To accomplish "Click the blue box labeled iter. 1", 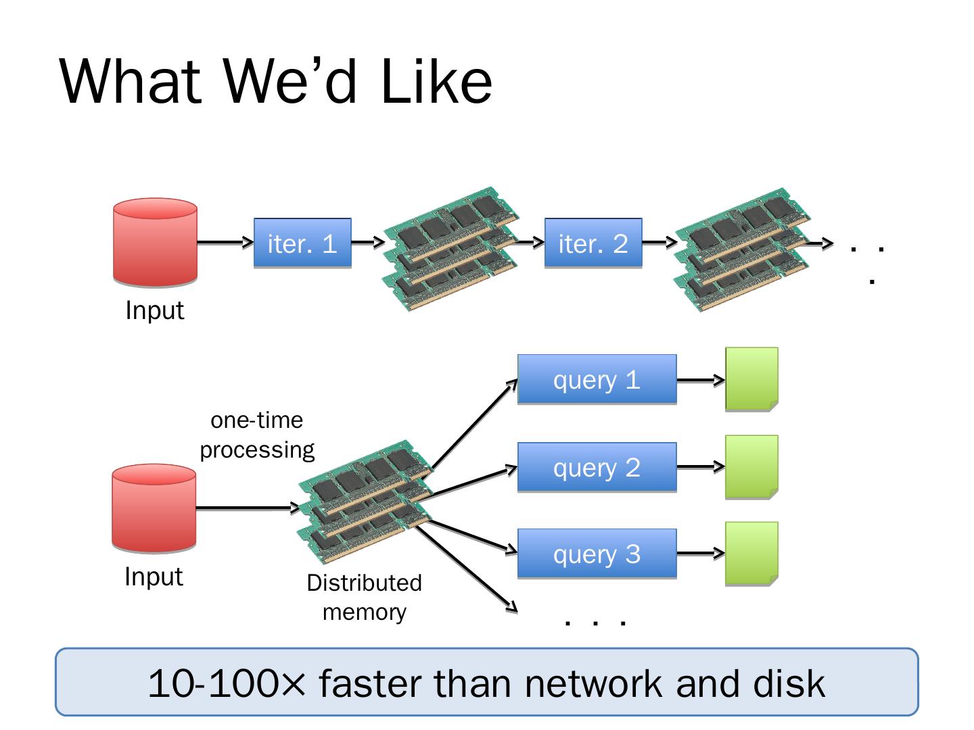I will pos(302,243).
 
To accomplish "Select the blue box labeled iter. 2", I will pos(593,243).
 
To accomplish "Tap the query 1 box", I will pos(597,379).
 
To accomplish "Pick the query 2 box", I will pos(597,467).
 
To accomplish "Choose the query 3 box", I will pos(597,554).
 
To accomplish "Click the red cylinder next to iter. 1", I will pos(155,242).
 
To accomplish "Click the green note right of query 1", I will pos(751,379).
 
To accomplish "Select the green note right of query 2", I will pos(751,467).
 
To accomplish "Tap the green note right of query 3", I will pos(751,554).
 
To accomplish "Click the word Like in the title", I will pos(436,82).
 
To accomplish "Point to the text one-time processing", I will pos(257,435).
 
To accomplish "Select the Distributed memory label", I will pos(364,597).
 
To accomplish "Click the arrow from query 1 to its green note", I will pos(700,380).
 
